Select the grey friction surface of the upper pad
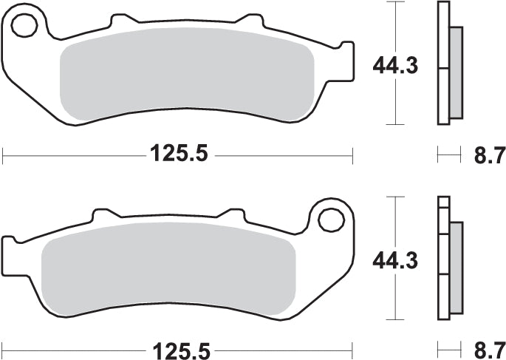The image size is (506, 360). point(185,78)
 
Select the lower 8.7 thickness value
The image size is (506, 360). point(488,347)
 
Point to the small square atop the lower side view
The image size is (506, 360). point(443,201)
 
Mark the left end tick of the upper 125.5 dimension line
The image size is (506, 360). point(4,154)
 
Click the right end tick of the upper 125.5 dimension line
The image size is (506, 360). point(353,154)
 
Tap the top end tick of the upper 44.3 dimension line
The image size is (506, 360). point(397,3)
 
